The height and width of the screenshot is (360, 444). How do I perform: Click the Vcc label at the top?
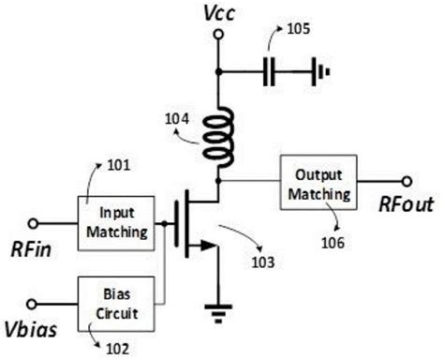click(x=218, y=12)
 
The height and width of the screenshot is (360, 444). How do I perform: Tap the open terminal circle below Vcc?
click(x=218, y=36)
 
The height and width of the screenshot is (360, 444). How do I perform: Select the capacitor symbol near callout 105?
click(x=270, y=70)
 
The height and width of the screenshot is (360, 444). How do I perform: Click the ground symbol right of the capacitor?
click(x=321, y=70)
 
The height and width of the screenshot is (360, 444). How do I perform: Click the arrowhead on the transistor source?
click(x=200, y=248)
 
